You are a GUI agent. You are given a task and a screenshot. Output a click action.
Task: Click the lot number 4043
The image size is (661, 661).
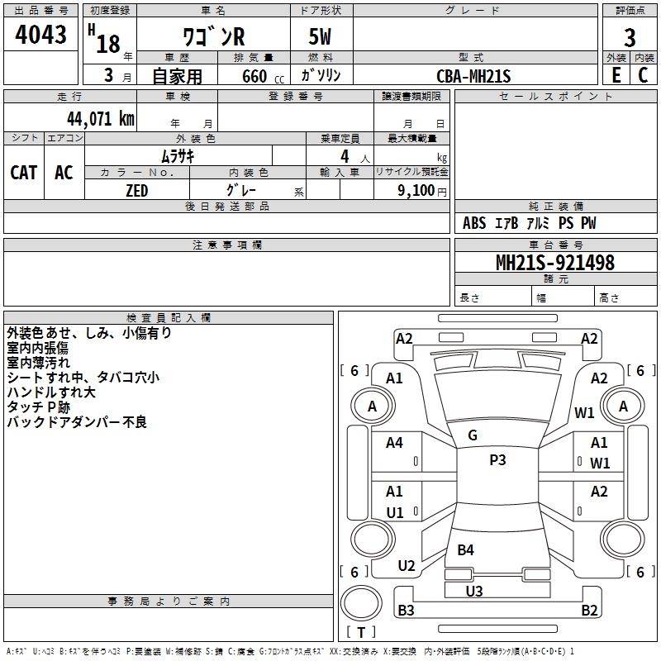(x=40, y=34)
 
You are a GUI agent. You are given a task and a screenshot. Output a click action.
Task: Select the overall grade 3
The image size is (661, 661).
(x=630, y=37)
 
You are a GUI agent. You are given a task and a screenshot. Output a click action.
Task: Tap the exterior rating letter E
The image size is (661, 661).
(x=616, y=75)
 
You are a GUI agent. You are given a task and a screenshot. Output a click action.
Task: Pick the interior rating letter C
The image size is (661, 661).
(x=643, y=75)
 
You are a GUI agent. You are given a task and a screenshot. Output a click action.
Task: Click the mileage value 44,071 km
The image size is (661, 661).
(x=101, y=118)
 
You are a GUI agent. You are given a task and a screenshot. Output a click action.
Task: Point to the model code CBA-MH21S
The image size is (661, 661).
(x=473, y=76)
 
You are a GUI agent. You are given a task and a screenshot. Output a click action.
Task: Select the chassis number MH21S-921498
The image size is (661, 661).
(x=555, y=262)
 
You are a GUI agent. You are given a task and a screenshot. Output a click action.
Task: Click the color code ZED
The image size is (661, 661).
(x=137, y=191)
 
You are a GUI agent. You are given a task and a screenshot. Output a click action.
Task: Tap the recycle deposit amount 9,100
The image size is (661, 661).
(x=416, y=190)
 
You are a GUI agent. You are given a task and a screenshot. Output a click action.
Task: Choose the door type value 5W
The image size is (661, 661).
(x=320, y=36)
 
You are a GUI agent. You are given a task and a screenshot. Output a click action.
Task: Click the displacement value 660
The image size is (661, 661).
(x=254, y=76)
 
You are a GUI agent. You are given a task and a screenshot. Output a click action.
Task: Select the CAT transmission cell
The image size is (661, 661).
(x=24, y=173)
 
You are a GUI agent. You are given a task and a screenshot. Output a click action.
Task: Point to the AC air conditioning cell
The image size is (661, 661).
(x=64, y=173)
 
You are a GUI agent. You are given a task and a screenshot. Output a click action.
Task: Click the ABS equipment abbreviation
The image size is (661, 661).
(x=474, y=223)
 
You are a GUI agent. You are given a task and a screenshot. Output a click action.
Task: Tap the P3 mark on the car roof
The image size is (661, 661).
(x=497, y=459)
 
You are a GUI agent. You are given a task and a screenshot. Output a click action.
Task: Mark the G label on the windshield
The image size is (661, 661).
(x=473, y=435)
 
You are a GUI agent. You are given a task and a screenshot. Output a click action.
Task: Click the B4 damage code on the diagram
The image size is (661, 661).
(x=466, y=549)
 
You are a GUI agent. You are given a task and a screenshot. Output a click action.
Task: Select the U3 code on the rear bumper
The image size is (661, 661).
(x=474, y=591)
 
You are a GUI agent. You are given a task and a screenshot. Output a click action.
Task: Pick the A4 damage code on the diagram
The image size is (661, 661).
(x=395, y=442)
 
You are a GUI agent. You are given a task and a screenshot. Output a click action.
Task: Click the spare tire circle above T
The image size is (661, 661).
(x=361, y=603)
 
